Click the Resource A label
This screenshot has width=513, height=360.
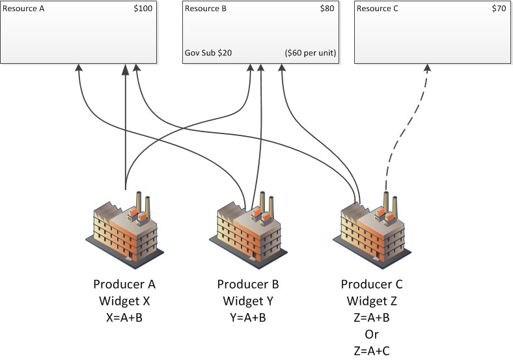coord(23,8)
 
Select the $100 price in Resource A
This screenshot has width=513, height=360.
coord(143,8)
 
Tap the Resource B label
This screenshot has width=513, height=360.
coord(206,8)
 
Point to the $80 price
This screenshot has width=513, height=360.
coord(327,8)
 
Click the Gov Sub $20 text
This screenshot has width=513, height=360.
coord(208,53)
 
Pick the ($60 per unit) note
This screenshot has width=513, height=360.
coord(311,53)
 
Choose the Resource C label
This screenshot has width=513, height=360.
coord(377,8)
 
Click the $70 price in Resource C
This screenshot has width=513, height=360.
coord(499,8)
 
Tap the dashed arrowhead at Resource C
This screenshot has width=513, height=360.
coord(427,68)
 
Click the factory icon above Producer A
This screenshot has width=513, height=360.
coord(124,230)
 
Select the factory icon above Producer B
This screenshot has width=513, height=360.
coord(248,230)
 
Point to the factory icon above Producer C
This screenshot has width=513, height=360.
coord(372,230)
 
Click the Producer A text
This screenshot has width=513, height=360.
coord(124,284)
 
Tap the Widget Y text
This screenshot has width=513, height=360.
coord(248,301)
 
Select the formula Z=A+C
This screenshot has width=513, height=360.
coord(372,351)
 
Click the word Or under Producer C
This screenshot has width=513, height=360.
coord(372,334)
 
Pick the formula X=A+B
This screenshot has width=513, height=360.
coord(124,318)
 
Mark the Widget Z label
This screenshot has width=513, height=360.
coord(372,301)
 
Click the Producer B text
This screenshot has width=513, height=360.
coord(248,284)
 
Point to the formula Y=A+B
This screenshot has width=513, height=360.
coord(248,318)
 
